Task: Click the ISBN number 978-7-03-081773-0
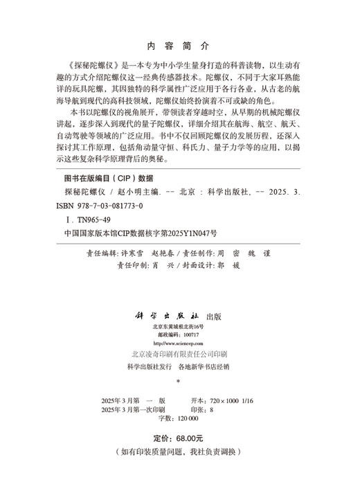coord(103,206)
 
